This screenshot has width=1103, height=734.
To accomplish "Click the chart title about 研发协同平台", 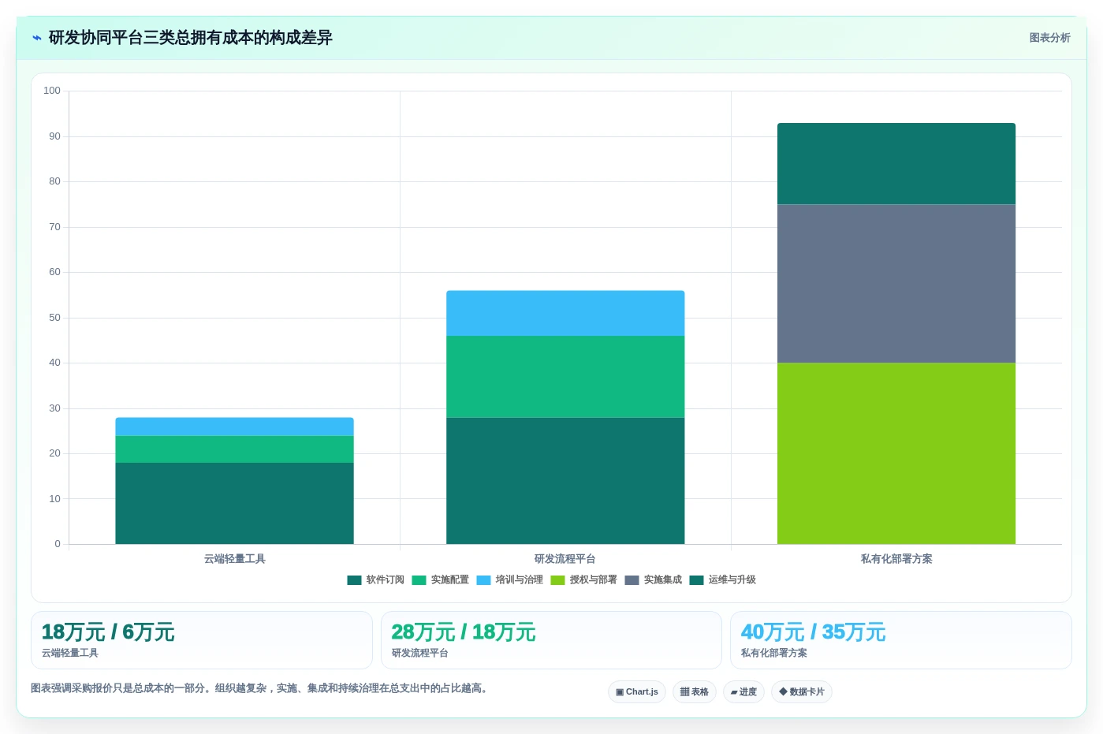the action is coord(190,37).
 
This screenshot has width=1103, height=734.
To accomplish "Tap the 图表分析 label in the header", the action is coord(1049,38).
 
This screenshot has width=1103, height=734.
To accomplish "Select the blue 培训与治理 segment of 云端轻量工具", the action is coord(234,427).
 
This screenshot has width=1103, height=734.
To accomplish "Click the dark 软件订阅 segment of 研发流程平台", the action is coord(565,481).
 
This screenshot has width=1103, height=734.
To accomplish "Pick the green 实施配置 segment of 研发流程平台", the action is coord(565,377).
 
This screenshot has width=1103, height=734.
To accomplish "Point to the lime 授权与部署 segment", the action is coord(896,453).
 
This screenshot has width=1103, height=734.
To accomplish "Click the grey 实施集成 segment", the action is coord(896,284).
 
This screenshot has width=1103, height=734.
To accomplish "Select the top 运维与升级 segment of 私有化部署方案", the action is coord(896,163).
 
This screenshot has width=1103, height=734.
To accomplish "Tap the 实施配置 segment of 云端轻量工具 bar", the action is coord(234,449).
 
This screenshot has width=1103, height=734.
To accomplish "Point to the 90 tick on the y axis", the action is coord(54,136).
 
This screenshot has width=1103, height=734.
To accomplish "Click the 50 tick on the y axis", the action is coord(54,318).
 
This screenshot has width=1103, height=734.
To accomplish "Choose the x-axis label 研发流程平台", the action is coord(565,559).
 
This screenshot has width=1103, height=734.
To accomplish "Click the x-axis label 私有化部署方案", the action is coord(896,559).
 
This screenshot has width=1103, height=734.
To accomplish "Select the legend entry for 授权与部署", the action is coord(584,580).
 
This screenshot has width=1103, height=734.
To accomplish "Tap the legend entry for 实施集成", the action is coord(654,580).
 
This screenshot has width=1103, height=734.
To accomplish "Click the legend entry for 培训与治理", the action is coord(509,580).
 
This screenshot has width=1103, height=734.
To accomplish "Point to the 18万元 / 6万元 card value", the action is coord(108,632).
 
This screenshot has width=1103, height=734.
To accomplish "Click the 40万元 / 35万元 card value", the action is coord(813,632).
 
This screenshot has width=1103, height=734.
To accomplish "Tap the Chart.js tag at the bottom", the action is coord(637,691).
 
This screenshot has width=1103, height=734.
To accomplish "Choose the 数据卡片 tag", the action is coord(802,691).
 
